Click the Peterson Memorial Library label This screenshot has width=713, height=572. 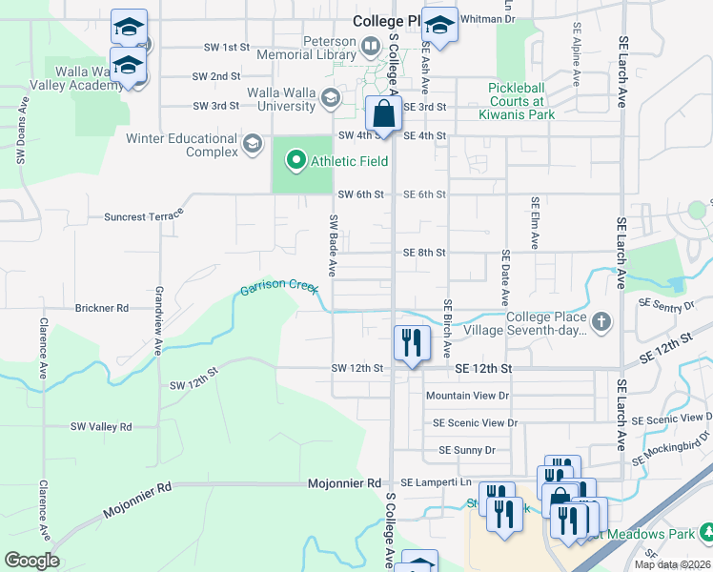(x=315, y=49)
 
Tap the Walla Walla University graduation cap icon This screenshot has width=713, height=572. (x=330, y=96)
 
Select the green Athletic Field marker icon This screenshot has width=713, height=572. (x=295, y=161)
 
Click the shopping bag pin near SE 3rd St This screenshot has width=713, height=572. (x=382, y=113)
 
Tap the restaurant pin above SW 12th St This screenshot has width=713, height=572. (x=411, y=343)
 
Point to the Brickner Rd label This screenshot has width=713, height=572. (x=101, y=309)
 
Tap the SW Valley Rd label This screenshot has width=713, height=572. (x=100, y=427)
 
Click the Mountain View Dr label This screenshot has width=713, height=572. (x=468, y=396)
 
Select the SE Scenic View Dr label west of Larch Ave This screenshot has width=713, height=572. (x=475, y=422)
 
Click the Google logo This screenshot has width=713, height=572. (x=31, y=560)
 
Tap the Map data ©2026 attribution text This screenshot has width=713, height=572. (x=671, y=564)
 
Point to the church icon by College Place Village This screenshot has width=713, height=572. (x=601, y=321)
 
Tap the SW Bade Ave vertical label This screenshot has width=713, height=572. (x=334, y=245)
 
